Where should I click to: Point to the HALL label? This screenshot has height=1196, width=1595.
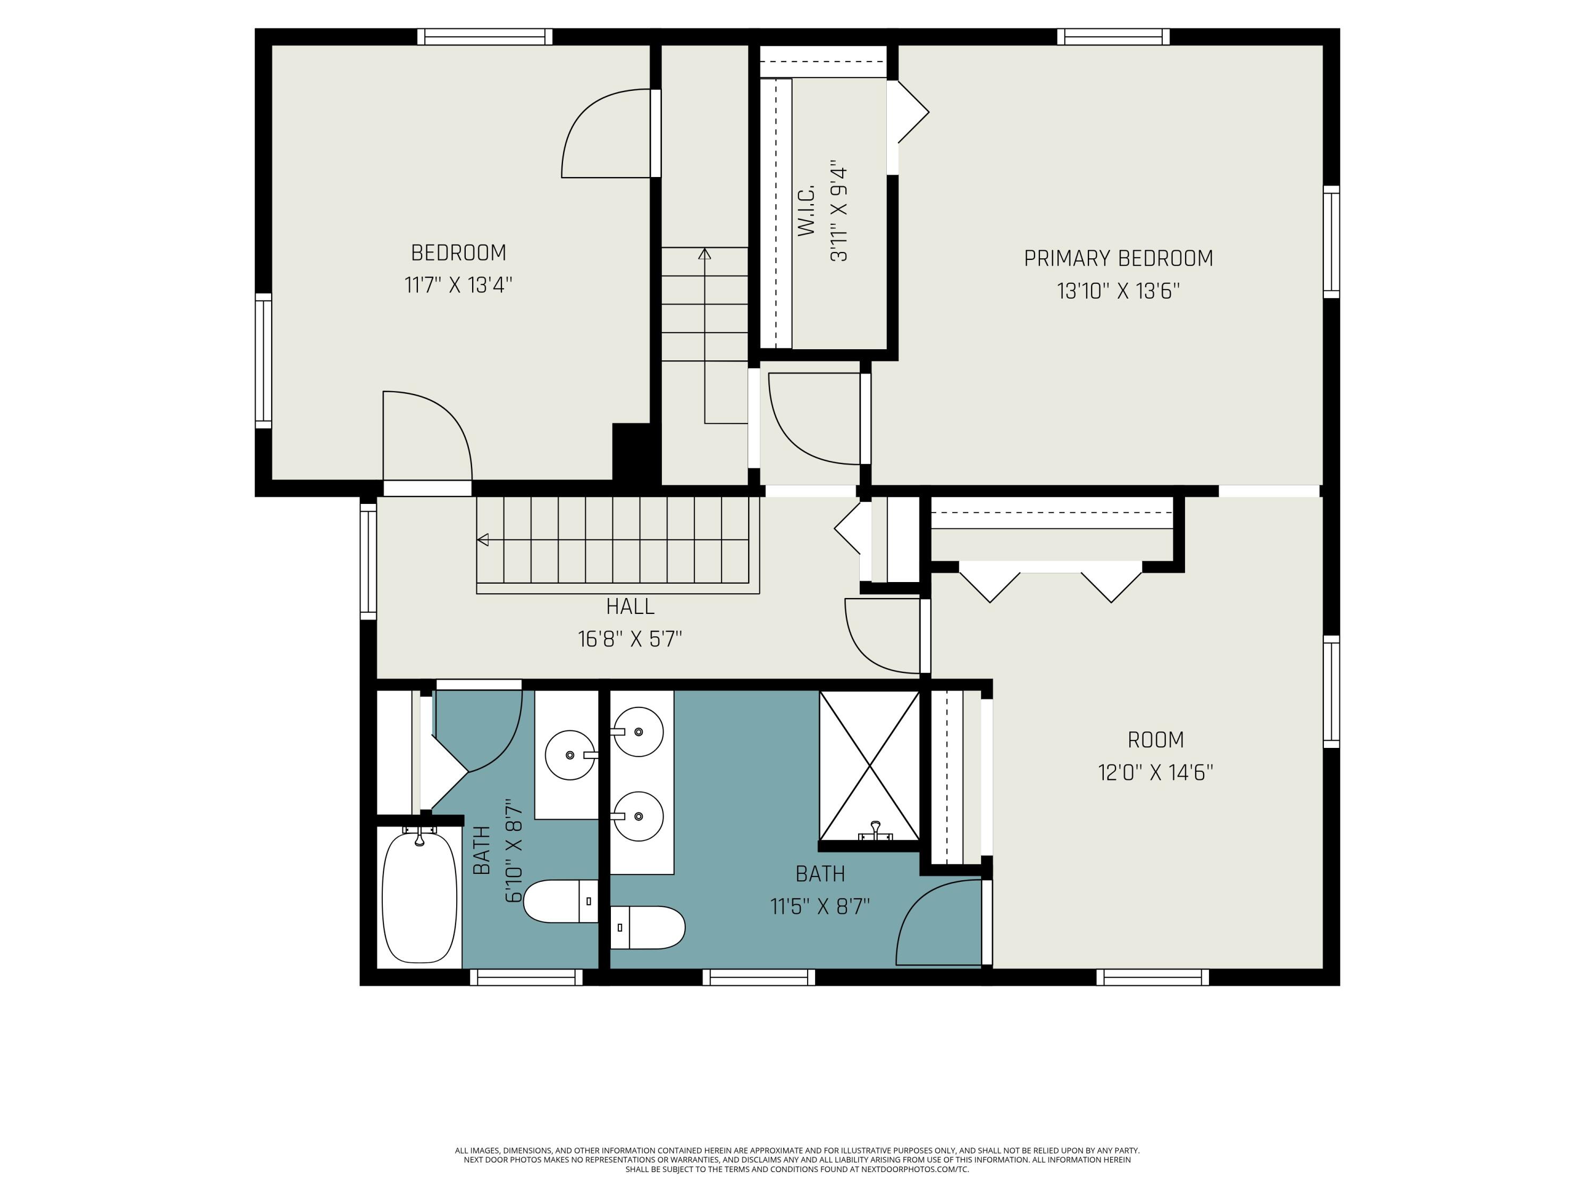[x=630, y=607]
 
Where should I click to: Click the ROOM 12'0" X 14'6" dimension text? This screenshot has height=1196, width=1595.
[x=1155, y=773]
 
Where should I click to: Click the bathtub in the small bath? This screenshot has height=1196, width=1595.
[x=419, y=898]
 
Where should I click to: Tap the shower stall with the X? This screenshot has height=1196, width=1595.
[x=870, y=765]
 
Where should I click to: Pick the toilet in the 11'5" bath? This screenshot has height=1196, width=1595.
[x=648, y=928]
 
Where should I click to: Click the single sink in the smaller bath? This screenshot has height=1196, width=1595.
[x=569, y=755]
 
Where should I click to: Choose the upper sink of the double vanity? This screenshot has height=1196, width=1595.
[x=637, y=732]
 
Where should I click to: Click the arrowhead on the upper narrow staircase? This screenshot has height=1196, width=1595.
[x=704, y=254]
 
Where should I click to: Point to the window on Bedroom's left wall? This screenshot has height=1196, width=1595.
[x=264, y=360]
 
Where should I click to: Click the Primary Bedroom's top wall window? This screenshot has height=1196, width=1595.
[x=1113, y=37]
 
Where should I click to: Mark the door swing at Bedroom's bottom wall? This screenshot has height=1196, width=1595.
[x=427, y=436]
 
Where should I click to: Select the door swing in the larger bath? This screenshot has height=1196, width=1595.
[x=937, y=923]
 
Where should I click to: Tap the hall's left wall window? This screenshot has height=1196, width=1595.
[x=368, y=561]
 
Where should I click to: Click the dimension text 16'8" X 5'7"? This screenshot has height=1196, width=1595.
[x=629, y=639]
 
